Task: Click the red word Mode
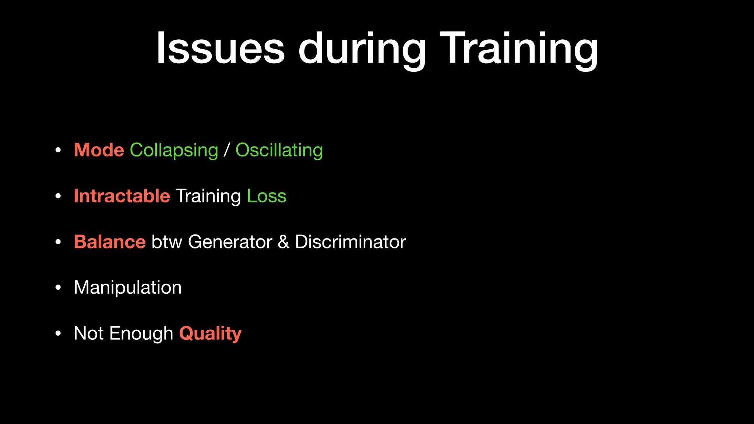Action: (x=99, y=150)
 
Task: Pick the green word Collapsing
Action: (x=174, y=150)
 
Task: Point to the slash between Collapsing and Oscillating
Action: (x=227, y=150)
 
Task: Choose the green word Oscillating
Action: (x=279, y=150)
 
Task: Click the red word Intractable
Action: (x=122, y=196)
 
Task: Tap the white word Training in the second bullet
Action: (x=208, y=196)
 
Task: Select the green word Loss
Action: (x=267, y=196)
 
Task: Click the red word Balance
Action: (x=110, y=242)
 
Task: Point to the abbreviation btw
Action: (x=167, y=242)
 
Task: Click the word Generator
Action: (x=230, y=242)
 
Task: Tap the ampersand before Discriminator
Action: (x=283, y=242)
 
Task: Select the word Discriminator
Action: (x=350, y=242)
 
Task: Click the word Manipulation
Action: (x=127, y=287)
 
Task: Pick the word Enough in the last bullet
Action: (x=141, y=333)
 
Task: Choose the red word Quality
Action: (x=210, y=333)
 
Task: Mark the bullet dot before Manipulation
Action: (x=58, y=288)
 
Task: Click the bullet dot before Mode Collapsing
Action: (x=58, y=151)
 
